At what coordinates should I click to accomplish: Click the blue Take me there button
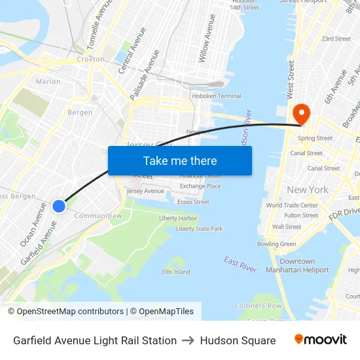180,160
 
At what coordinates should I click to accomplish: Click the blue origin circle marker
59,206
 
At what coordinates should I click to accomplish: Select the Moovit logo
321,340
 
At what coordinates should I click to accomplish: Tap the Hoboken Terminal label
216,96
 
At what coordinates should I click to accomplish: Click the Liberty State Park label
200,229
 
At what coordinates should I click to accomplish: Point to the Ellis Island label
176,272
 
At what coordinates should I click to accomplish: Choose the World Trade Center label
292,205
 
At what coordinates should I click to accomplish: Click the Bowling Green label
277,244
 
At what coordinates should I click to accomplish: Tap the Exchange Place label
200,186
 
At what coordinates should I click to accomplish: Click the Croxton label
90,59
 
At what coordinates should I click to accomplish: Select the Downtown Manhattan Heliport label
297,266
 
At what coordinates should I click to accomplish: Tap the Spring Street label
315,138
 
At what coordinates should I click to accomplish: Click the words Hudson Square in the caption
238,340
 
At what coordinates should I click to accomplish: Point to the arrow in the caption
189,340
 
